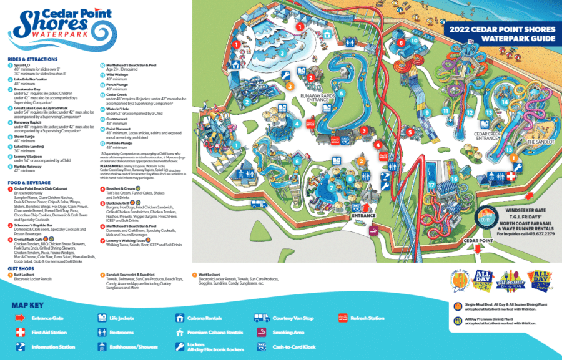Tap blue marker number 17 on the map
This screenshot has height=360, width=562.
click(431, 185)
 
